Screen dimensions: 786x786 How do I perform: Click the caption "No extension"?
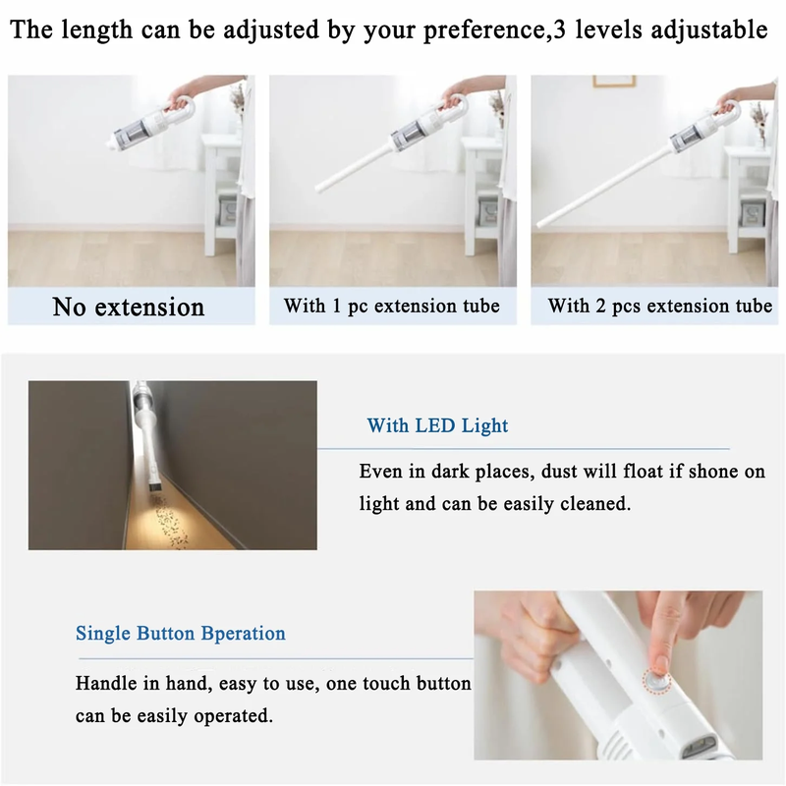coord(129,307)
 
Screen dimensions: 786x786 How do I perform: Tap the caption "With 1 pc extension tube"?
coord(391,306)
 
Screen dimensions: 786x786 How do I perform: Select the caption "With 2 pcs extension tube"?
coord(659,306)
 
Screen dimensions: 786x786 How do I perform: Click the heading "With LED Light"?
coord(437,425)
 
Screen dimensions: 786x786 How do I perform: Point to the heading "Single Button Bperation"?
coord(181,633)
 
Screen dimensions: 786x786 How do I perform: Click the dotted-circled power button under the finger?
coord(656,681)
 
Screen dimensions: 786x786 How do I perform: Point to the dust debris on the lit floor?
coord(168,522)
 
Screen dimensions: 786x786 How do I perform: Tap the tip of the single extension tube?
coord(318,188)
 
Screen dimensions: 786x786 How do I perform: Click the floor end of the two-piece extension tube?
coord(539,223)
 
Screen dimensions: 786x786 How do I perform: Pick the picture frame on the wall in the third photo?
coord(614,82)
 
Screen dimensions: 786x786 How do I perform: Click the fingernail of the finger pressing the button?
coord(660,664)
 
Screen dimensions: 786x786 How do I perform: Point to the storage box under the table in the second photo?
coord(487,209)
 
